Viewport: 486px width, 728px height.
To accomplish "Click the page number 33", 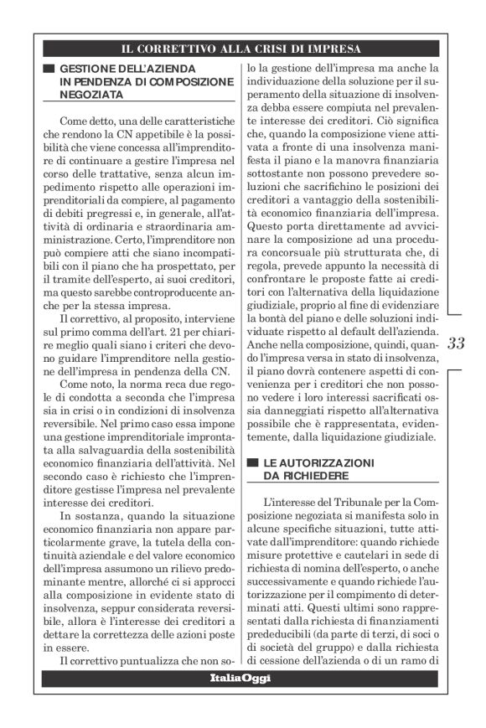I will click(x=457, y=344).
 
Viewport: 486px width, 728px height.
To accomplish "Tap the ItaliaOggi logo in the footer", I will click(x=241, y=677).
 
